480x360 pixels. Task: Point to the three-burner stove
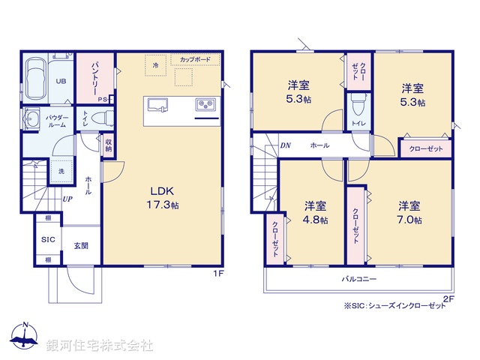click(205, 104)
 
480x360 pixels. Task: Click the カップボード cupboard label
click(195, 58)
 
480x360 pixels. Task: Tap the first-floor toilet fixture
click(107, 118)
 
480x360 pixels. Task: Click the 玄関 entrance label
click(81, 246)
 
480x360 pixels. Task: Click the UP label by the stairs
click(67, 199)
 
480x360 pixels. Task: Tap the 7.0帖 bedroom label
click(409, 212)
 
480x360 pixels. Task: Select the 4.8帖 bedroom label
click(315, 212)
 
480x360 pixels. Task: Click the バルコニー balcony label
click(359, 278)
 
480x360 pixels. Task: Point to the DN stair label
click(285, 145)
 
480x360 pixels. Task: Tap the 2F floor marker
click(448, 298)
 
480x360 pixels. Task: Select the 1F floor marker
click(220, 274)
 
